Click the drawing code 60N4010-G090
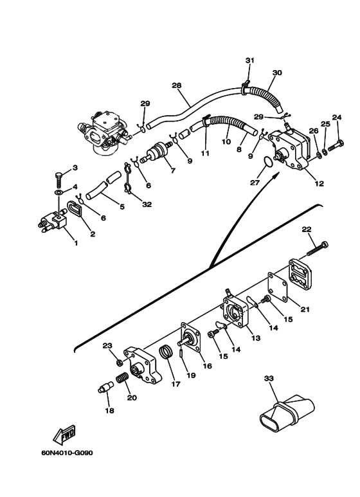67,453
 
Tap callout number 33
269,378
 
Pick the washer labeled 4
59,193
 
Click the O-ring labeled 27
268,161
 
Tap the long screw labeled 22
318,248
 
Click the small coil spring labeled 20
123,378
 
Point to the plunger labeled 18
105,387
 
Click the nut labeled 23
119,362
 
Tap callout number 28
177,86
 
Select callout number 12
319,183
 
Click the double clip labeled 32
127,179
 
